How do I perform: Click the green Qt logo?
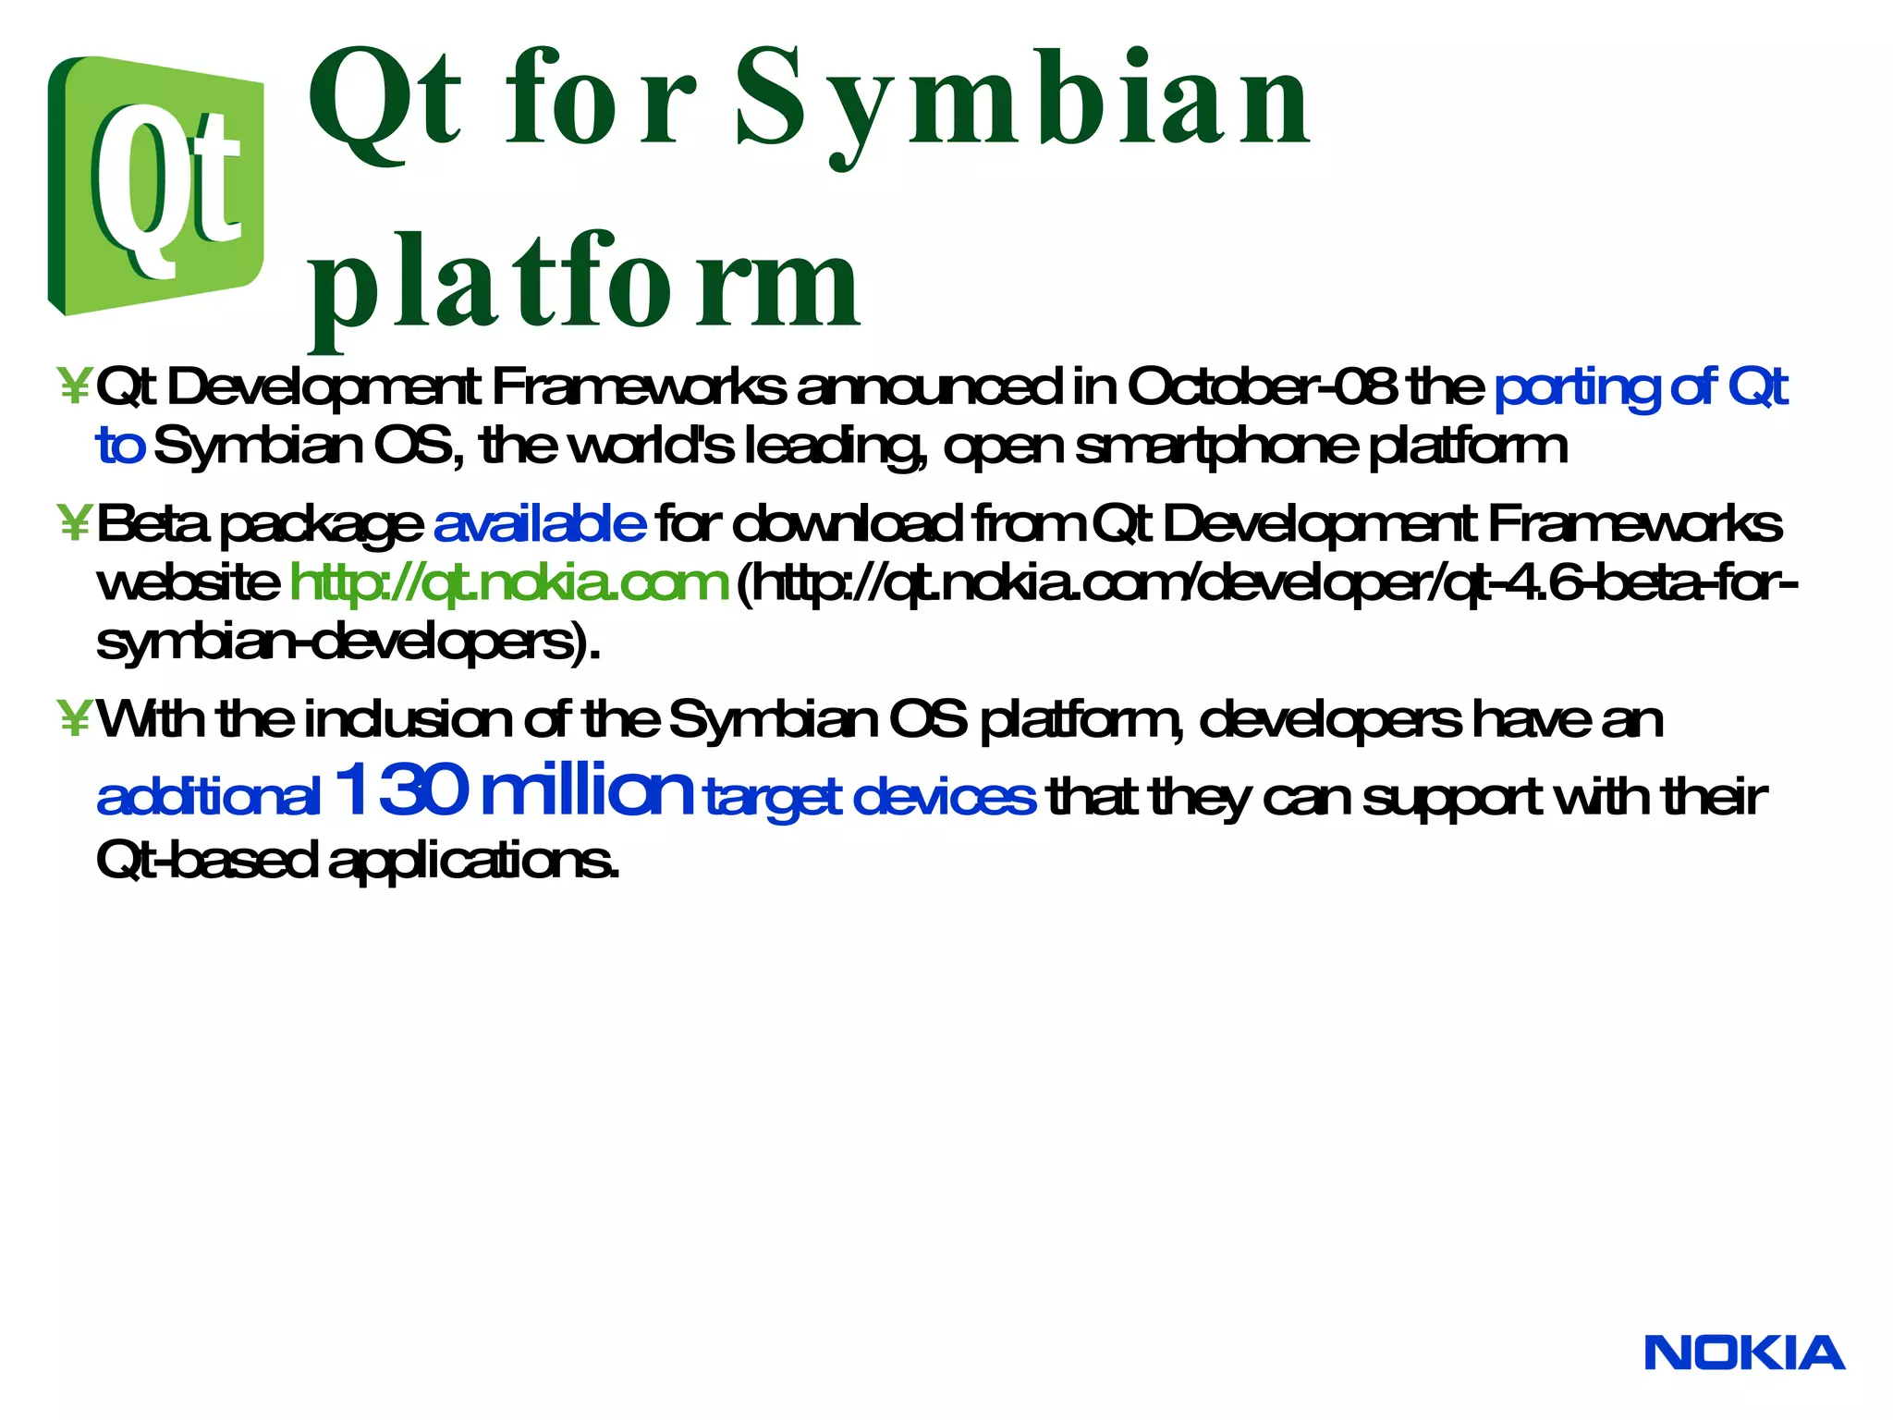click(x=155, y=185)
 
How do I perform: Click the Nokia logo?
click(x=1744, y=1353)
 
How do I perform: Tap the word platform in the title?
click(x=584, y=282)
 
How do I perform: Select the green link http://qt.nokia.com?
click(x=509, y=582)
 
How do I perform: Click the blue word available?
click(x=539, y=523)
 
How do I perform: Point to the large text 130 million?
click(x=513, y=790)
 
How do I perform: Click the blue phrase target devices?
click(x=870, y=797)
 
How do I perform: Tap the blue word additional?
click(x=208, y=797)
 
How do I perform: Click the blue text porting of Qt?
click(x=1641, y=386)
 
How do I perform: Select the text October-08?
click(x=1263, y=386)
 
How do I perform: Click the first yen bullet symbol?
click(x=73, y=386)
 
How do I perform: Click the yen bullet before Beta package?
click(x=73, y=523)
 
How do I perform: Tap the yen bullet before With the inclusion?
click(x=73, y=718)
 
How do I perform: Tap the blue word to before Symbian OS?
click(x=120, y=446)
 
